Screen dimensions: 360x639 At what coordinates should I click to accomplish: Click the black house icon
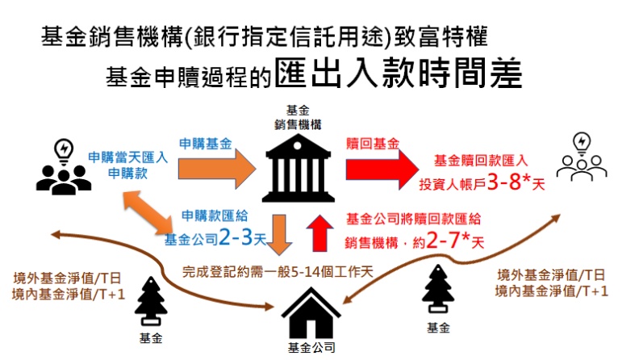(x=309, y=314)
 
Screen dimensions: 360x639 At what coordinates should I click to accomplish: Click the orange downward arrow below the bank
(x=280, y=232)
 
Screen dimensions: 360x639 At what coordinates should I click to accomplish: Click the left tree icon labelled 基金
(x=152, y=299)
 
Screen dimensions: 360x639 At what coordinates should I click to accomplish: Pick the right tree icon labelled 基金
(x=441, y=294)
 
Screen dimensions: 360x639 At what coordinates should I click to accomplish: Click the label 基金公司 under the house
(x=311, y=349)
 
